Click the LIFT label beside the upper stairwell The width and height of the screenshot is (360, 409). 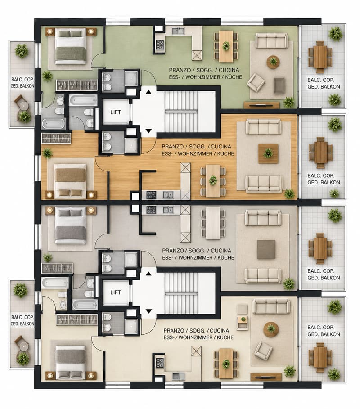[x=116, y=112]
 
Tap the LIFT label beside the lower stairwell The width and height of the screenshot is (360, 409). [x=116, y=292]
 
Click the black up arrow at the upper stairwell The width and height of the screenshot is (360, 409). [x=148, y=92]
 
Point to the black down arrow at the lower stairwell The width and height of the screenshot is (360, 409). [x=148, y=311]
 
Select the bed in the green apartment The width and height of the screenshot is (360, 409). [x=71, y=46]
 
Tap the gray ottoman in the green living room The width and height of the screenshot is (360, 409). [x=279, y=85]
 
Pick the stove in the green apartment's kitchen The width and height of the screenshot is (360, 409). [x=160, y=45]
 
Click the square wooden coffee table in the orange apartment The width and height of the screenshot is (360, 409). [x=268, y=153]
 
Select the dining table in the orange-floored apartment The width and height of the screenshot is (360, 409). [x=213, y=180]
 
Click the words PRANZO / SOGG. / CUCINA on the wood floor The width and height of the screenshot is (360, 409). [x=196, y=147]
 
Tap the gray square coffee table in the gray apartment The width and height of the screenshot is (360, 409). [x=266, y=250]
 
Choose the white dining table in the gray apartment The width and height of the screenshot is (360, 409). [x=213, y=223]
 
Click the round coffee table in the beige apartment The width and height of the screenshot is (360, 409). [x=271, y=329]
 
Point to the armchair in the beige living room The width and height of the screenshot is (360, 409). [x=264, y=351]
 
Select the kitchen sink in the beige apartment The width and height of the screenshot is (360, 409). [x=179, y=377]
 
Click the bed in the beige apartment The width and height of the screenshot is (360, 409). [x=71, y=363]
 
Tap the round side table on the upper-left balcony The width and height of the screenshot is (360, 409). [x=24, y=105]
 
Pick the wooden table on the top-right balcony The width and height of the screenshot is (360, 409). [x=320, y=57]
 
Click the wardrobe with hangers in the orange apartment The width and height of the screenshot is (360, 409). [x=57, y=138]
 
